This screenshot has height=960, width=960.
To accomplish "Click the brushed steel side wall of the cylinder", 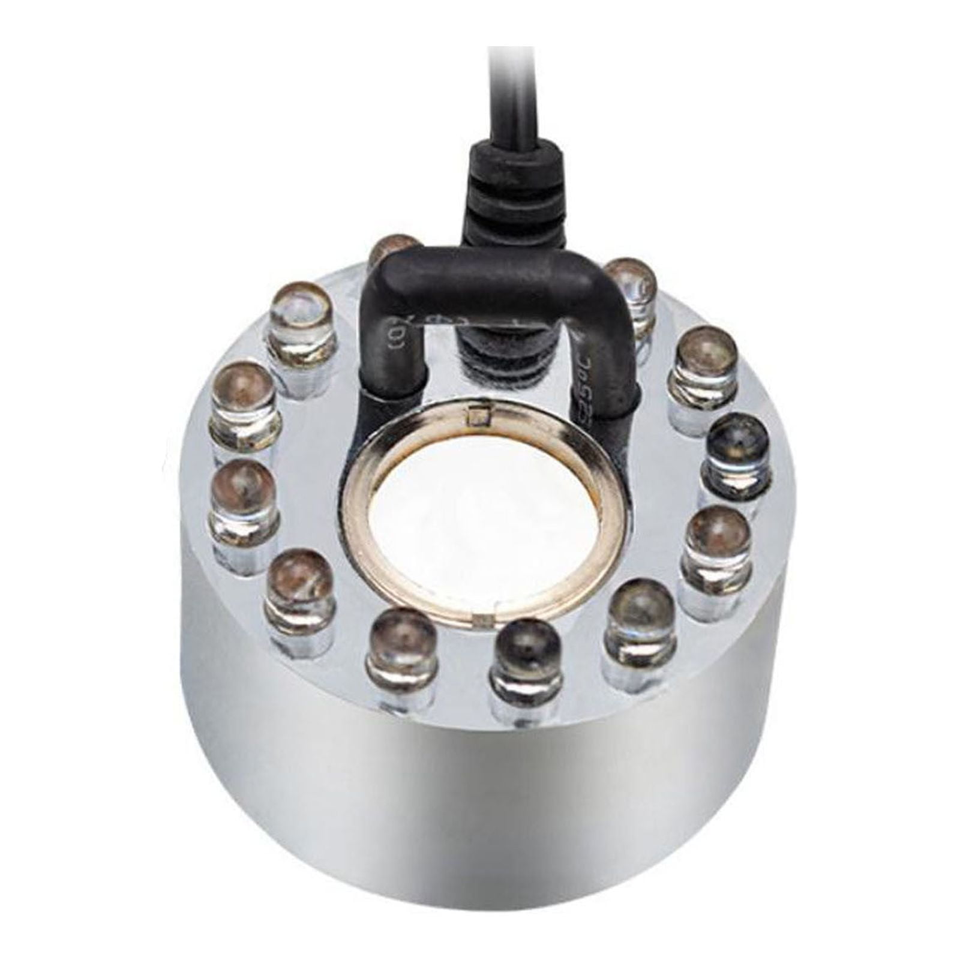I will (480, 810).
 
